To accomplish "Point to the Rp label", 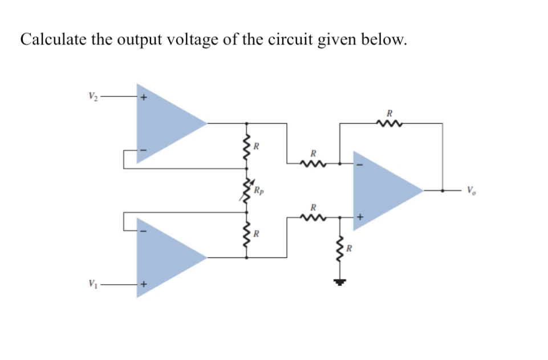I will [x=258, y=189].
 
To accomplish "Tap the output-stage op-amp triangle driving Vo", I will [x=385, y=190].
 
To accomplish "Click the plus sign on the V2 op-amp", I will [x=144, y=98].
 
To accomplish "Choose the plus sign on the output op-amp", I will [x=360, y=217].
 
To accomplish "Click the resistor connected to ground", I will [x=340, y=249].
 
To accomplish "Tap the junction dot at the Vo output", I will [x=443, y=190].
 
